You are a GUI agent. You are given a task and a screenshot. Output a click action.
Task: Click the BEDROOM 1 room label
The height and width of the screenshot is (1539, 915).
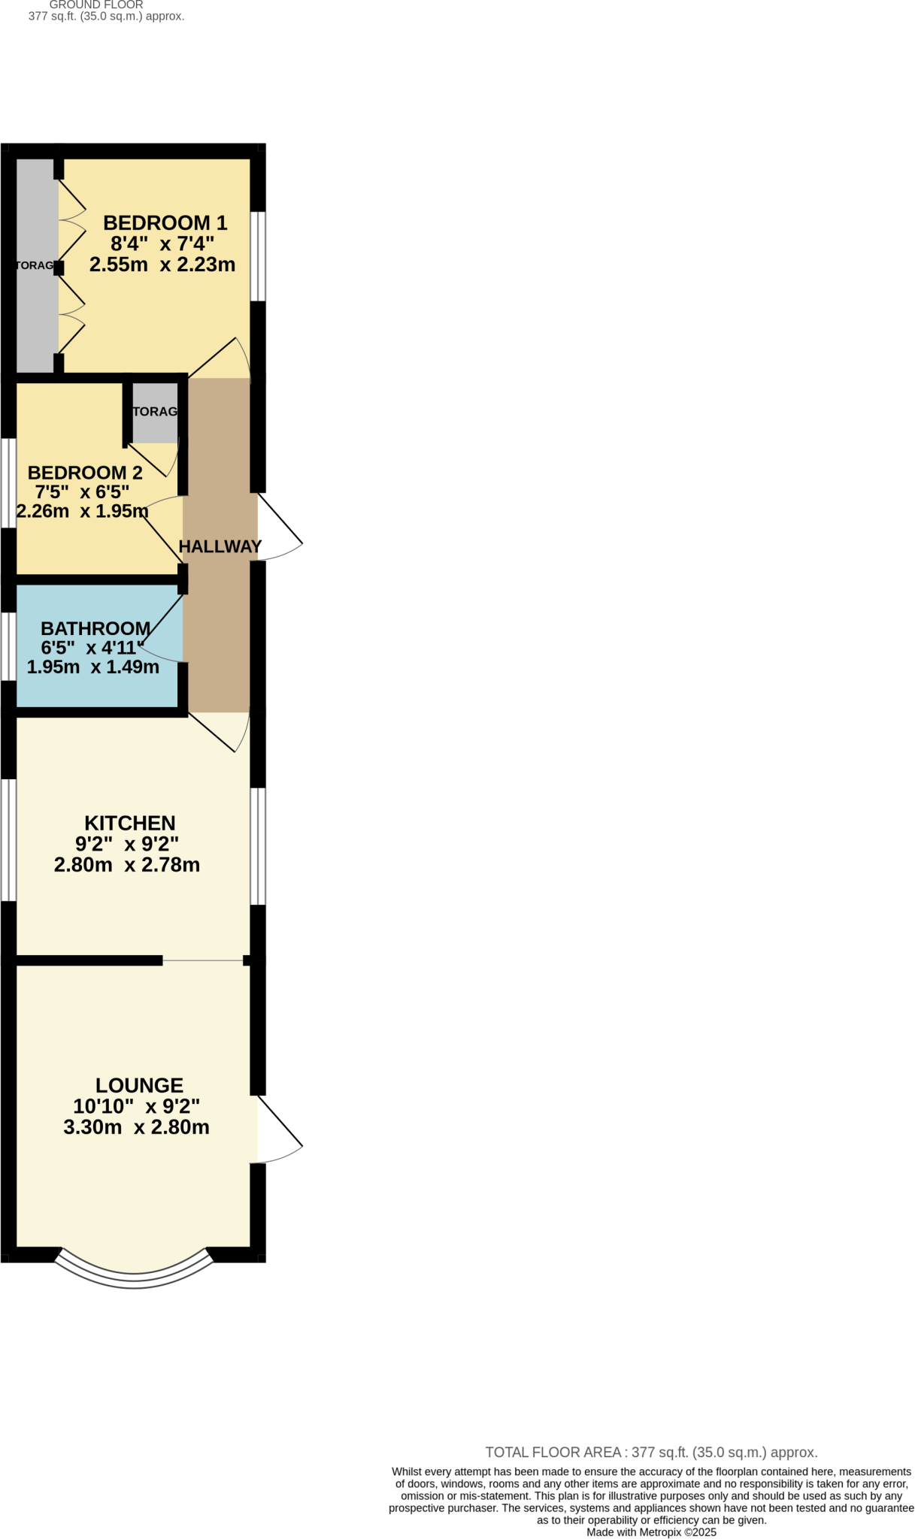(165, 223)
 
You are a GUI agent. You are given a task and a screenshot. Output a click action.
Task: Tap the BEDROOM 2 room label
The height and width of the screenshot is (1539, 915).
(85, 473)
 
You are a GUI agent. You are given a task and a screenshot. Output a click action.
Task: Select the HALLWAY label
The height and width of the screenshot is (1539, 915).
(220, 546)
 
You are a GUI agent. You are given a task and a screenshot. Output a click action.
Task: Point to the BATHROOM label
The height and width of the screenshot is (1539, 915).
(95, 628)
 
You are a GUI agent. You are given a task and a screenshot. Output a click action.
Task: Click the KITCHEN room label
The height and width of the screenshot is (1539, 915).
(129, 823)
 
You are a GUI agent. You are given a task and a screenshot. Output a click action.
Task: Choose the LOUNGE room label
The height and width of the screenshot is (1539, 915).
(139, 1085)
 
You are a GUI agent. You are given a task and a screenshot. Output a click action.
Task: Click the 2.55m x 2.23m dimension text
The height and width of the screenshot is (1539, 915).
(162, 265)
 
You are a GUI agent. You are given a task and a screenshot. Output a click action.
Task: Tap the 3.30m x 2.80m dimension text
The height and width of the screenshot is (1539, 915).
(136, 1127)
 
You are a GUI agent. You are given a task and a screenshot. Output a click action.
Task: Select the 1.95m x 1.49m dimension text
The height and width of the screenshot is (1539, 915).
(92, 667)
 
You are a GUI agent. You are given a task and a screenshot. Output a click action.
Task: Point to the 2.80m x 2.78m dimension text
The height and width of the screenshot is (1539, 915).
(127, 865)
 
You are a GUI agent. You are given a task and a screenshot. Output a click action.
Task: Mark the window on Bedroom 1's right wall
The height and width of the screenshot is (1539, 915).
(258, 256)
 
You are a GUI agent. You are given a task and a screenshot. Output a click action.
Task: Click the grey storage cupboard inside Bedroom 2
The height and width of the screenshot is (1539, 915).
(156, 413)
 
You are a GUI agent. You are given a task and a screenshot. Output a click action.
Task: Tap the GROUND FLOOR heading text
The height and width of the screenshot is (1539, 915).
(96, 5)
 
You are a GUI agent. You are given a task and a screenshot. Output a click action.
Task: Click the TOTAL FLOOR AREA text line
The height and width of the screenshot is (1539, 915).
(651, 1453)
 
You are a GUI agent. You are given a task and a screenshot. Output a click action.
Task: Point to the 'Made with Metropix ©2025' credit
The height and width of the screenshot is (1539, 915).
(651, 1532)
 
